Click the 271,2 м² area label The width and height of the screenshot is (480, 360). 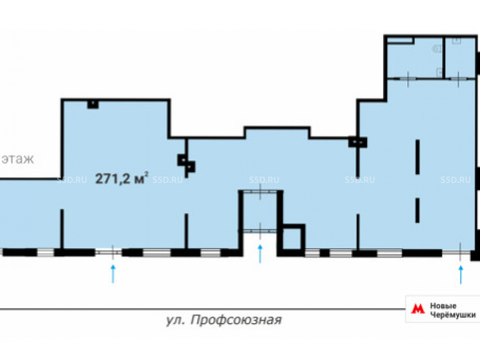[122, 178]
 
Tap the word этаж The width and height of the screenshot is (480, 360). [18, 159]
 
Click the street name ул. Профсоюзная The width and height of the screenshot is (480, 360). [224, 320]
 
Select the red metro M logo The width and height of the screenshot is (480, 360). [418, 308]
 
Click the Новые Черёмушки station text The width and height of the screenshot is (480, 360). [453, 310]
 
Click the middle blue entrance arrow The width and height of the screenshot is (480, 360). [260, 254]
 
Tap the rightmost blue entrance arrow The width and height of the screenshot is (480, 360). [461, 275]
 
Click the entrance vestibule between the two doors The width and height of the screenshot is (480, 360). [260, 211]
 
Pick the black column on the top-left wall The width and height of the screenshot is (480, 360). [93, 104]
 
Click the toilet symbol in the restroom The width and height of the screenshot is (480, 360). [436, 48]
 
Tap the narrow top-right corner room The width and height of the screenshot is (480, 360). [460, 58]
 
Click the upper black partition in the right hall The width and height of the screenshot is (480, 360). [417, 157]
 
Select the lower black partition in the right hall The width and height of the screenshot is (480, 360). [417, 211]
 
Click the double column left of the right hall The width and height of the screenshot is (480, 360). [358, 143]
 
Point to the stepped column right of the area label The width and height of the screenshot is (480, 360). [186, 164]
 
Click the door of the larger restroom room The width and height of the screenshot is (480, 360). [408, 79]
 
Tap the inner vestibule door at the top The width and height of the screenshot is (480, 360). [260, 192]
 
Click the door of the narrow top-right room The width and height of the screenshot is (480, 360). [458, 79]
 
